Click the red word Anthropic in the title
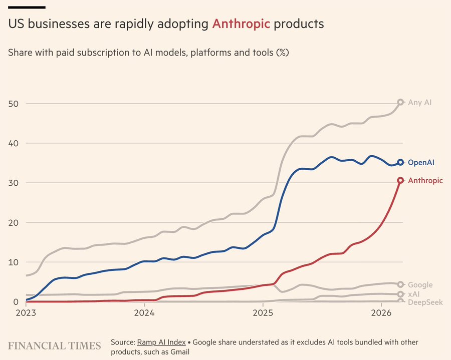pyautogui.click(x=241, y=24)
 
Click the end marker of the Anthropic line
pyautogui.click(x=400, y=180)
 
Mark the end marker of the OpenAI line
pyautogui.click(x=400, y=162)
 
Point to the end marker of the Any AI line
pyautogui.click(x=400, y=102)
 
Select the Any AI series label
pyautogui.click(x=419, y=102)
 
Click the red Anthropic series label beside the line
pyautogui.click(x=425, y=181)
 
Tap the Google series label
pyautogui.click(x=420, y=285)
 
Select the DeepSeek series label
pyautogui.click(x=425, y=302)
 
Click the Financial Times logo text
pyautogui.click(x=54, y=345)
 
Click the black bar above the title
pyautogui.click(x=27, y=7)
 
